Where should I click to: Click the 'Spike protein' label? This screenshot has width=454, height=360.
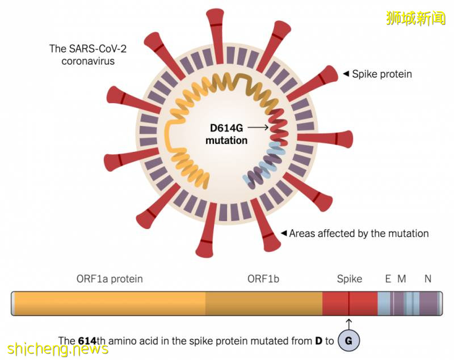pos(381,74)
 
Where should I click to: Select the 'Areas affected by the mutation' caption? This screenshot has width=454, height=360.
pos(359,233)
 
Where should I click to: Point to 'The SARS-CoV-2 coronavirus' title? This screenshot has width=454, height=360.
pos(88,54)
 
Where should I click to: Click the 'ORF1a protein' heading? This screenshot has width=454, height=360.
pos(110,279)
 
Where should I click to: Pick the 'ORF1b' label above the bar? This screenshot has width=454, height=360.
pos(263,279)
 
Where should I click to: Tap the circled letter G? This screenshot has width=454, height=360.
pos(348,341)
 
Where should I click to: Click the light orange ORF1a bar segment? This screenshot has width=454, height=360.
pos(110,303)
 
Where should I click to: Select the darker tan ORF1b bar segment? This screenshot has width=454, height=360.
pos(264,303)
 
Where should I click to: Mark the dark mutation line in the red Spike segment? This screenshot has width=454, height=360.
pos(349,303)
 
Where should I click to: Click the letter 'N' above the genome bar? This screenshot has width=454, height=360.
pos(428,279)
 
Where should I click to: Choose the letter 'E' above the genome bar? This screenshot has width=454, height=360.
pos(388,279)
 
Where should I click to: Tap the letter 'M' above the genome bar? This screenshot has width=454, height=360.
pos(402,279)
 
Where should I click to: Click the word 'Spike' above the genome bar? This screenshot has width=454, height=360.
pos(350,279)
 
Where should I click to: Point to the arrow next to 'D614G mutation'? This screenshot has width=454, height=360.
pos(258,128)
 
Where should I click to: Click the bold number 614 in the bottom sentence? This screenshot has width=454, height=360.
pos(87,341)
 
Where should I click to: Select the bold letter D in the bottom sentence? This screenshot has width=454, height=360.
pos(318,341)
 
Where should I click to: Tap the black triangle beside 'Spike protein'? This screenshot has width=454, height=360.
pos(346,74)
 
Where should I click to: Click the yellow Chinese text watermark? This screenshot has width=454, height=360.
pos(416,18)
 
